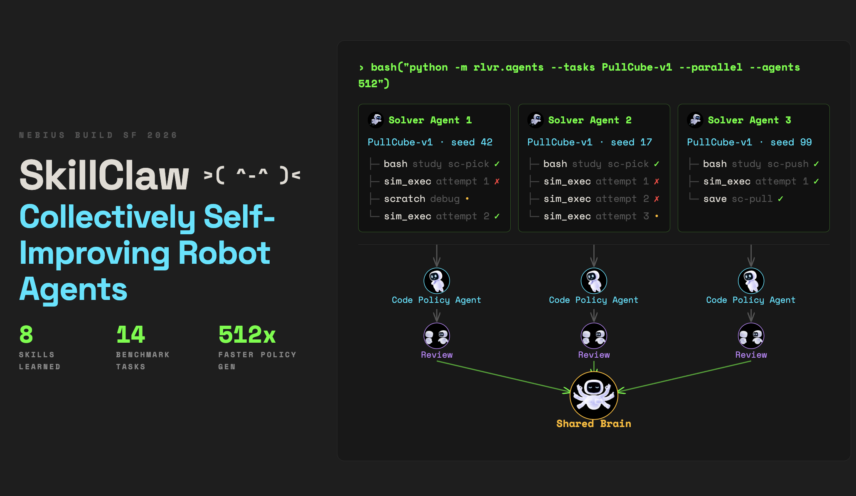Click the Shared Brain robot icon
(x=594, y=395)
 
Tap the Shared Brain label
(x=594, y=424)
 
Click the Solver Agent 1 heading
(x=430, y=120)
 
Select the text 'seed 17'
(x=631, y=142)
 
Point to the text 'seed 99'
(x=791, y=142)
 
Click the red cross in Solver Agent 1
(x=497, y=182)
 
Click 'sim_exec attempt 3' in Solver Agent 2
(x=596, y=216)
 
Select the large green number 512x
(x=247, y=334)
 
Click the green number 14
(x=130, y=334)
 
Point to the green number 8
(x=26, y=334)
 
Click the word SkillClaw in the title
(x=104, y=175)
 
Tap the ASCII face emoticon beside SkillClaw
(x=252, y=175)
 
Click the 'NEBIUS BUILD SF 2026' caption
(x=98, y=135)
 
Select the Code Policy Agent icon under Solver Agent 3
(x=751, y=281)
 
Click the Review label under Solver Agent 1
(x=437, y=355)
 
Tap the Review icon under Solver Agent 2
(x=594, y=336)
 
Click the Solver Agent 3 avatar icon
(x=695, y=120)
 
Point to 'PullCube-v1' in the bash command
(x=637, y=67)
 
